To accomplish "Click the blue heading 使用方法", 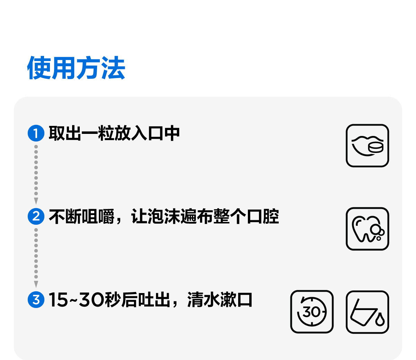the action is click(76, 68).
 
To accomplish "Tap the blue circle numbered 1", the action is click(36, 133).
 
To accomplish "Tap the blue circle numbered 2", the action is click(36, 216).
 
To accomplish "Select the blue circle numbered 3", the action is click(36, 300).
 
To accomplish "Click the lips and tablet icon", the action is click(367, 146).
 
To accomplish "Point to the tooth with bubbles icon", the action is click(367, 229).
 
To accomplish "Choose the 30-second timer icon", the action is click(312, 312).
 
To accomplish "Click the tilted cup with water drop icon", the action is click(367, 312).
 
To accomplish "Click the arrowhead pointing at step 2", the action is click(36, 201).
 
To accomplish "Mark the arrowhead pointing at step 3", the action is click(36, 284).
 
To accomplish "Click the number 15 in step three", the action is click(58, 300).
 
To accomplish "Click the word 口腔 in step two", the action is click(263, 217).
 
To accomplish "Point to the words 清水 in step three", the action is click(203, 300).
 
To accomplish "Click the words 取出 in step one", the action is click(65, 134).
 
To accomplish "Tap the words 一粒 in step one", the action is click(98, 134).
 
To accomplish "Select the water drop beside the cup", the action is click(380, 319).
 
